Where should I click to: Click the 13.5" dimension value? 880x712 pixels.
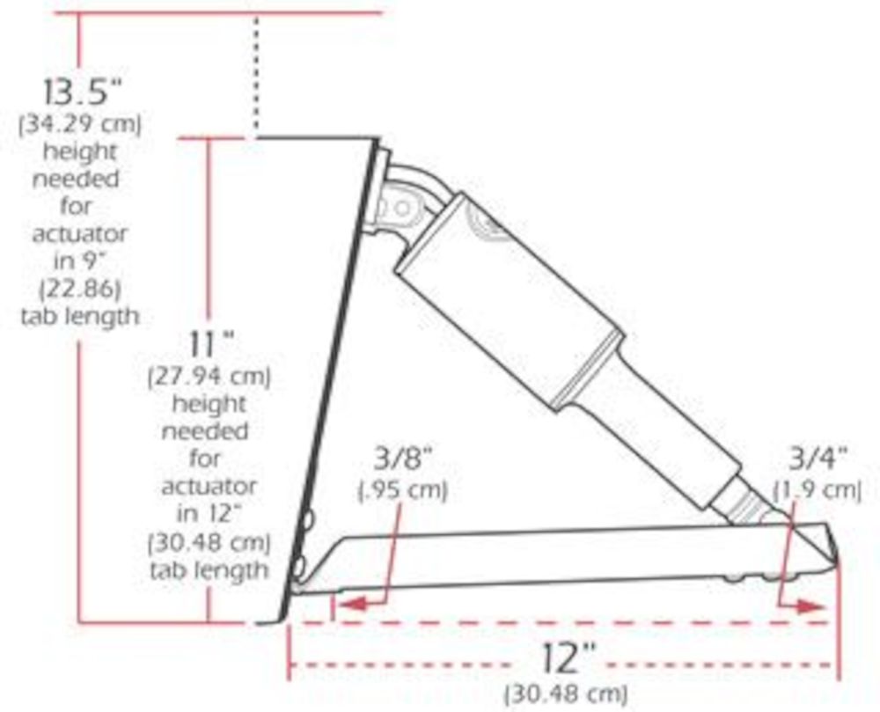(x=81, y=92)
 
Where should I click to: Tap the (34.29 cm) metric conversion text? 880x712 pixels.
(x=81, y=124)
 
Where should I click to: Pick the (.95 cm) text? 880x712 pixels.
(x=402, y=489)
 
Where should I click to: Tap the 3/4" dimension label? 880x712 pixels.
(x=817, y=459)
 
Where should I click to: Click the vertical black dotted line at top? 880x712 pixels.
(x=256, y=75)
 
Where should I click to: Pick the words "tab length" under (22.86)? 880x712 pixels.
(x=81, y=316)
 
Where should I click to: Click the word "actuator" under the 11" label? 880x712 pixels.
(x=209, y=485)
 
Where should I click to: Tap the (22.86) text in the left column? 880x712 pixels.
(x=81, y=289)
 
